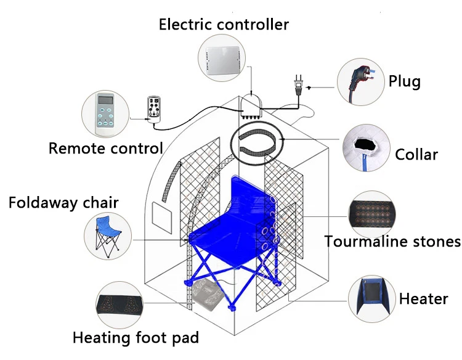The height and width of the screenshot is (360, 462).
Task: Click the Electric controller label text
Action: (x=224, y=25)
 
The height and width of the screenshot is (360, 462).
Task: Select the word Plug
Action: (x=405, y=81)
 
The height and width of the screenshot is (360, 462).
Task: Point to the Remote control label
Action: (x=105, y=148)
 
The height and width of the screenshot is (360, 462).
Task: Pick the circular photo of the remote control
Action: (x=106, y=115)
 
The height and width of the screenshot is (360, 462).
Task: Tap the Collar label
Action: (x=416, y=153)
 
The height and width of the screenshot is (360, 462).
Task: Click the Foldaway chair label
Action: (x=63, y=202)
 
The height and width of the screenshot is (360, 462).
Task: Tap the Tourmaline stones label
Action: (x=392, y=241)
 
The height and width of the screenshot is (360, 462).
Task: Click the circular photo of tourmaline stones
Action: (x=374, y=213)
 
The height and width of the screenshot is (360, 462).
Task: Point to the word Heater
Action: (x=423, y=299)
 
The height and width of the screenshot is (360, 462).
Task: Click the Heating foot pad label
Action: (x=136, y=337)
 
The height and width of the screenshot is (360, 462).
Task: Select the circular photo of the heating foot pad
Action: (x=121, y=304)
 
